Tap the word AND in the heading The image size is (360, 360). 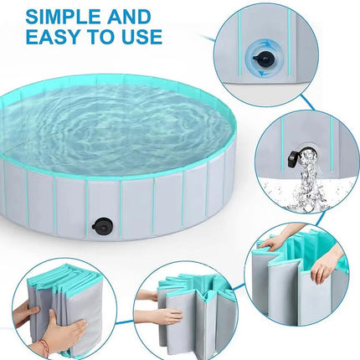point(129,17)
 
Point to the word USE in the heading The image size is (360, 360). point(141,36)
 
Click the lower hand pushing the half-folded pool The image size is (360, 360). point(162,316)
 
